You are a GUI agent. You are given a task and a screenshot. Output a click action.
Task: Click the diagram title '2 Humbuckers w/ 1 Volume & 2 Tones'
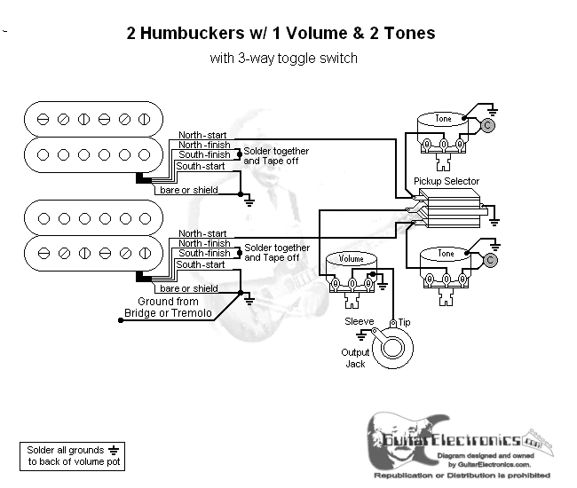coord(282,34)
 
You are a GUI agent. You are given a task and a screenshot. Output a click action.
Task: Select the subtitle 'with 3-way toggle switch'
coord(284,59)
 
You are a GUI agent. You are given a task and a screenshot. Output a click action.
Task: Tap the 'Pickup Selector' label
coord(447,182)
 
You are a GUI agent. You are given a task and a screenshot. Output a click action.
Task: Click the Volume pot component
coord(352,272)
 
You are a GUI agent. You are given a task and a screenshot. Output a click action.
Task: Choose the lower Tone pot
coord(446,267)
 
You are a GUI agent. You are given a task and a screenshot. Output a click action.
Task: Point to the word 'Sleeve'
coord(359,321)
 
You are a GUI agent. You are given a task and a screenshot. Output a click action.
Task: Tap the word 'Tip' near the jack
coord(405,321)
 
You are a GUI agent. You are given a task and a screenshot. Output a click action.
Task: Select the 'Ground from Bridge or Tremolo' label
coord(174,307)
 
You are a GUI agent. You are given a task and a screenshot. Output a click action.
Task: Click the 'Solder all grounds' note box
coord(72,456)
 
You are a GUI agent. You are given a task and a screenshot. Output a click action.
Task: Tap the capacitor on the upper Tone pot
coord(488,125)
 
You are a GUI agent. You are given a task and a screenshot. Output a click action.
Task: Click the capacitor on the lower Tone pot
coord(489,260)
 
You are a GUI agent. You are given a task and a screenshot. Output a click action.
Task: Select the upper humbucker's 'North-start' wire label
coord(201,134)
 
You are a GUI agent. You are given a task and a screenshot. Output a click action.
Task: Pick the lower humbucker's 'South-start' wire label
coord(201,264)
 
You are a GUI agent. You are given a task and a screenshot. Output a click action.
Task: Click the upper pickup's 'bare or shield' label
coord(188,190)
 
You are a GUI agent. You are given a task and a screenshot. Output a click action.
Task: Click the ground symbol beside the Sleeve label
coord(361,335)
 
